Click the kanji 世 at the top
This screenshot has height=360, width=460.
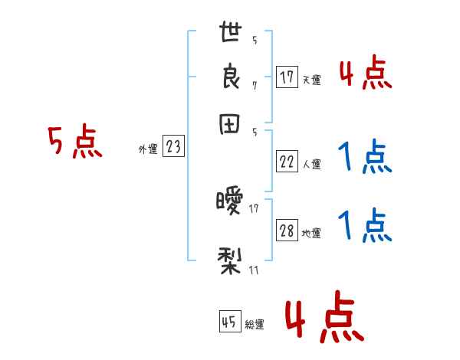(x=230, y=34)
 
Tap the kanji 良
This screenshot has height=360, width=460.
(x=230, y=78)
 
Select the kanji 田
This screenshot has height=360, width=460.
(x=230, y=125)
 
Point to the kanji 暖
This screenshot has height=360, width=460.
(x=230, y=202)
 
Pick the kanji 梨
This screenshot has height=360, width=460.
(x=230, y=259)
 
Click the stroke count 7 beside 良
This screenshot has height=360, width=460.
(x=254, y=85)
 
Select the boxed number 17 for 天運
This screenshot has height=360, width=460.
(x=287, y=77)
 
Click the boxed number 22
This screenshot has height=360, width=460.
(x=287, y=162)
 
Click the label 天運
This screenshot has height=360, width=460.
(x=311, y=80)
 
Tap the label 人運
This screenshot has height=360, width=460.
(x=311, y=164)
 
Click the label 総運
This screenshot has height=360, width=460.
(x=255, y=324)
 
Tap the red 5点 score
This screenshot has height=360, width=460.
(x=75, y=142)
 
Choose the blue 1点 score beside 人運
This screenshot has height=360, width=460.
(x=365, y=158)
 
